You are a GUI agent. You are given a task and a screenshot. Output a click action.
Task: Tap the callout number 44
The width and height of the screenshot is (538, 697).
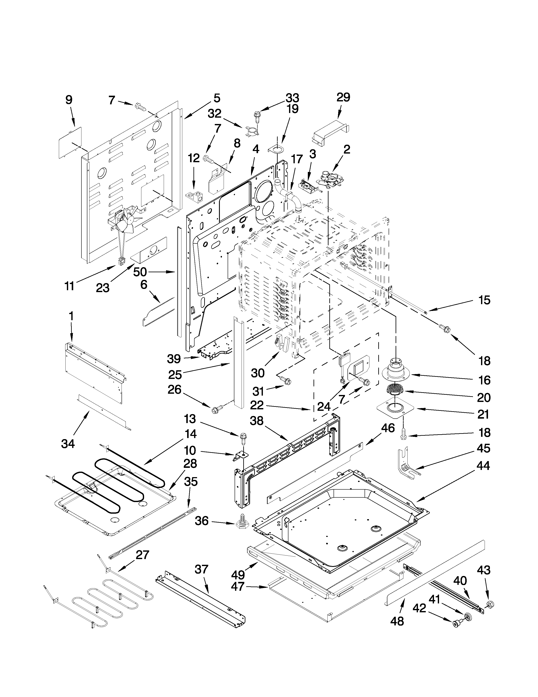tap(483, 475)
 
